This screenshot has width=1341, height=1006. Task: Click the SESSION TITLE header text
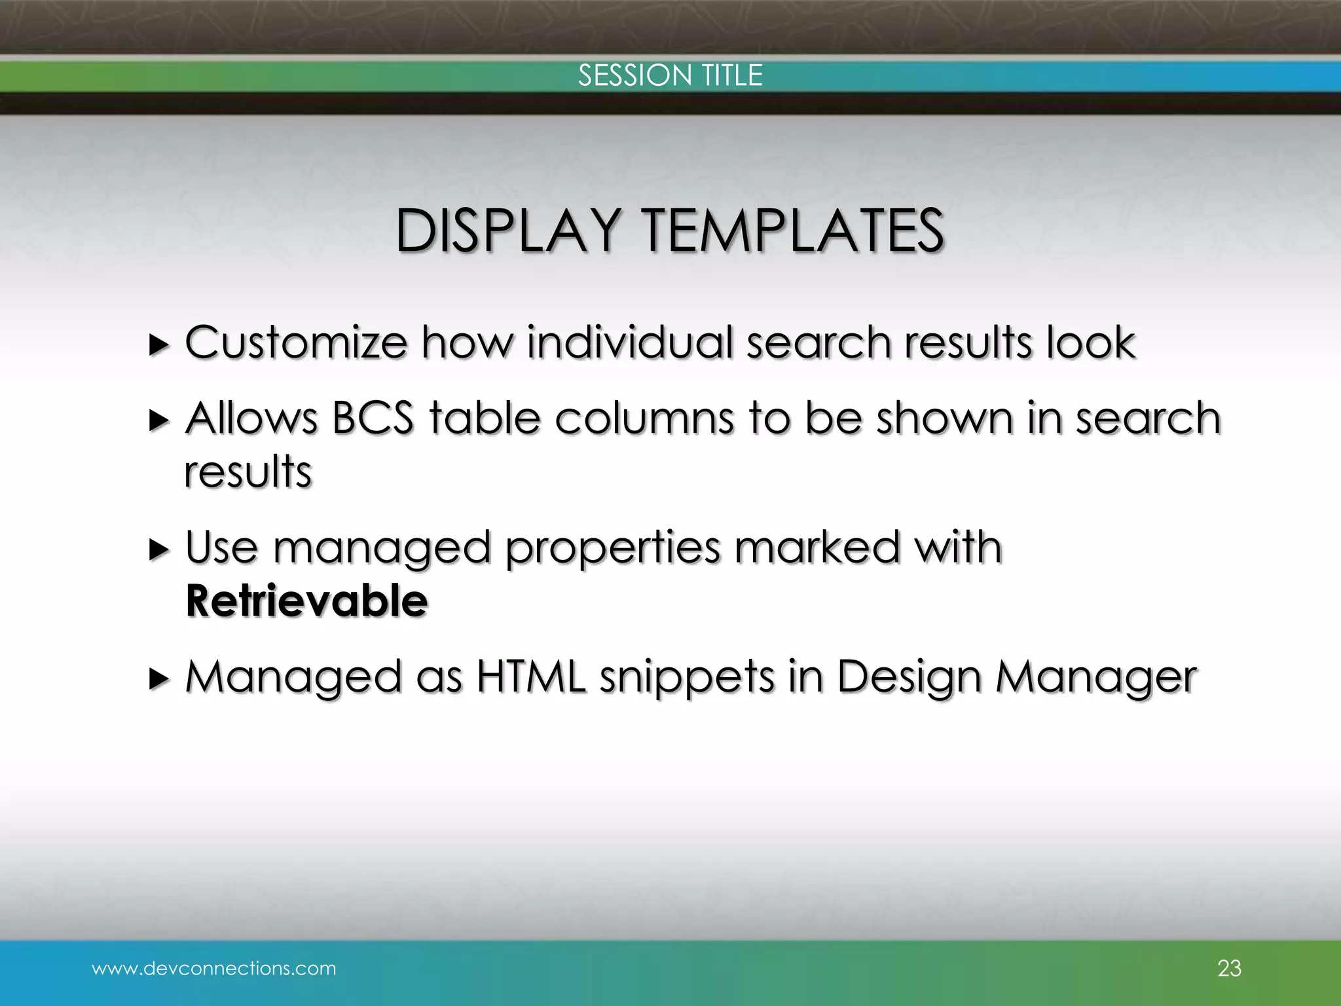670,75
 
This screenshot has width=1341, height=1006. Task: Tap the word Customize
296,343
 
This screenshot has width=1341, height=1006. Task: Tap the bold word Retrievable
307,601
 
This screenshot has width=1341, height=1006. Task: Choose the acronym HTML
531,677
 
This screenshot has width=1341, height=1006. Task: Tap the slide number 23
1229,968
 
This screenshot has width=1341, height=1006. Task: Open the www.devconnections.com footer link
214,968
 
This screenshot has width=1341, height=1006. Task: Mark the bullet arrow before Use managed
158,550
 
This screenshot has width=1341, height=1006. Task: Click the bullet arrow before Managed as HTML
158,679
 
